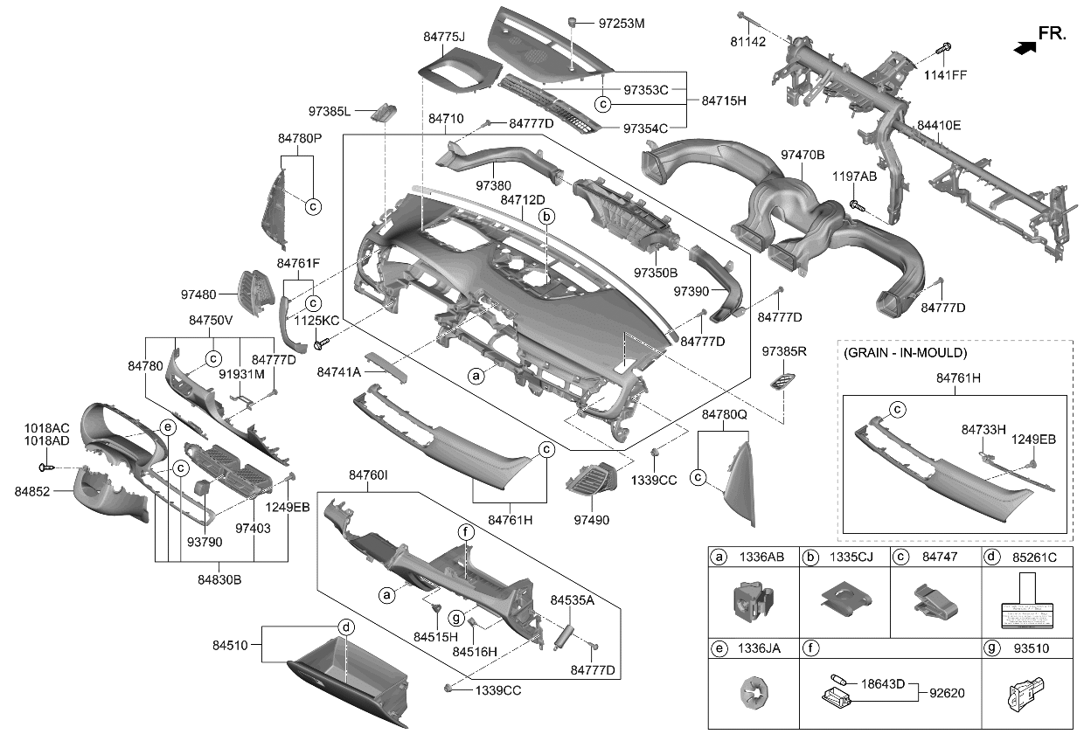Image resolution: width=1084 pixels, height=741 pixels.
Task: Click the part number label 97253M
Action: (x=622, y=24)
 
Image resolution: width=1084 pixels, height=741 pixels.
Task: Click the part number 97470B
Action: (x=802, y=156)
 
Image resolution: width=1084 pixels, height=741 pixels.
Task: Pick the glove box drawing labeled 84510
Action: (x=350, y=682)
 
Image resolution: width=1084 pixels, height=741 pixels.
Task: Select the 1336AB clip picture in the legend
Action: (x=753, y=600)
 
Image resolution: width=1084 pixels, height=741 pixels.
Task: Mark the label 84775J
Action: (x=443, y=38)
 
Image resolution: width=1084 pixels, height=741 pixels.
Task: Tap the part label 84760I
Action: (x=368, y=475)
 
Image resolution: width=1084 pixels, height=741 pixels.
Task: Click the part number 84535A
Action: (x=572, y=600)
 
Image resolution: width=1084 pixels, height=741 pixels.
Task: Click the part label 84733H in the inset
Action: (x=983, y=429)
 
